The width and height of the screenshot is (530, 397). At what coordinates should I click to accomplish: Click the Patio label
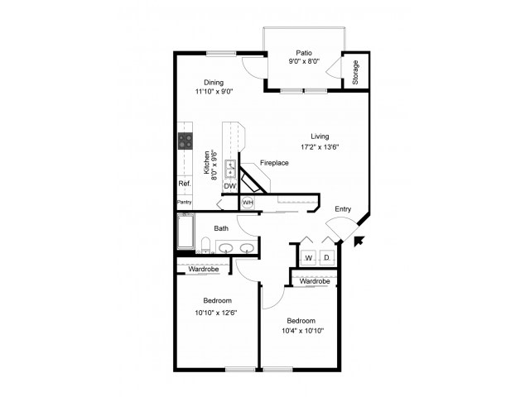coord(304,53)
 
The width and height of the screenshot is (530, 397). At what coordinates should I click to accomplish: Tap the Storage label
coord(355,72)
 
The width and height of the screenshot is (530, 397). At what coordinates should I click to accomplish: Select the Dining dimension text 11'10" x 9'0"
coord(214,91)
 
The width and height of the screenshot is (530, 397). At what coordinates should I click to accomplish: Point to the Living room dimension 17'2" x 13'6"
coord(320,147)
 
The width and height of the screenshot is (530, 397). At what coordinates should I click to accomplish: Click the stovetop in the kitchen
coord(185,141)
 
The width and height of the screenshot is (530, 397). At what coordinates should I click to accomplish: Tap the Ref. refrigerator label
coord(185,184)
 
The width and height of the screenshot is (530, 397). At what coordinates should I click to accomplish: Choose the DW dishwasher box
coord(230,186)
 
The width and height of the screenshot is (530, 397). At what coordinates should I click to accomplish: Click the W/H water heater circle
coord(248,203)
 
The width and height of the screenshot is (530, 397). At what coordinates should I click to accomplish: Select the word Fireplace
coord(274,163)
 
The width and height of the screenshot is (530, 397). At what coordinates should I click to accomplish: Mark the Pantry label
coord(185,202)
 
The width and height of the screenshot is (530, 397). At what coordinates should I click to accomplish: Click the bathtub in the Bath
coord(185,232)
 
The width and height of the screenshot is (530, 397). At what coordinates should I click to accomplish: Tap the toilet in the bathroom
coord(205,245)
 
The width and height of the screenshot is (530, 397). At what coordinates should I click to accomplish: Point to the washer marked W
coord(308,258)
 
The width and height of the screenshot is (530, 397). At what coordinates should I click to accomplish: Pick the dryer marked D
coord(326,258)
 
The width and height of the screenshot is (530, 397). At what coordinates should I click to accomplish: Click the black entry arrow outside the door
coord(359,241)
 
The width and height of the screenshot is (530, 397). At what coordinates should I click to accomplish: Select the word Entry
coord(343,209)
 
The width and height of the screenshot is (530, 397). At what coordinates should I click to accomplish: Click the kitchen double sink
coord(230,169)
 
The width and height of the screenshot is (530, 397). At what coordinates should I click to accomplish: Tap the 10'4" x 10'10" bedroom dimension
coord(303,331)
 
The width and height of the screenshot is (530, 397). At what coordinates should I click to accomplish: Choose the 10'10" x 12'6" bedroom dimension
coord(216,313)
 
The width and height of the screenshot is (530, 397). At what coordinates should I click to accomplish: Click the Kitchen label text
coord(206,163)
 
